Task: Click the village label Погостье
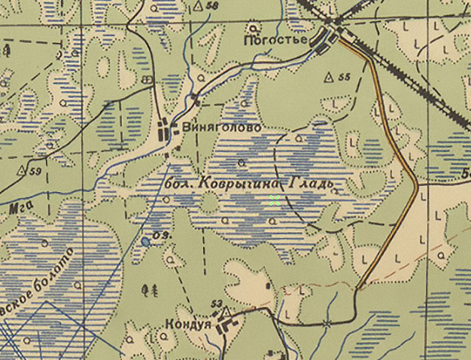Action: (x=277, y=38)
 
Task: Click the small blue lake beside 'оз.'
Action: (x=144, y=242)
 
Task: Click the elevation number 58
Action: (x=211, y=6)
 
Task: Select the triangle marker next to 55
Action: (x=329, y=77)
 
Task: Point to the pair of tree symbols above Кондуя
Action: (x=150, y=288)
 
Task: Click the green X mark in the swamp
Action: (x=275, y=200)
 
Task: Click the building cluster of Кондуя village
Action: (x=225, y=325)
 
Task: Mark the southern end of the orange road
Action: (x=360, y=287)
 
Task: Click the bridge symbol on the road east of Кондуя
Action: (x=327, y=322)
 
